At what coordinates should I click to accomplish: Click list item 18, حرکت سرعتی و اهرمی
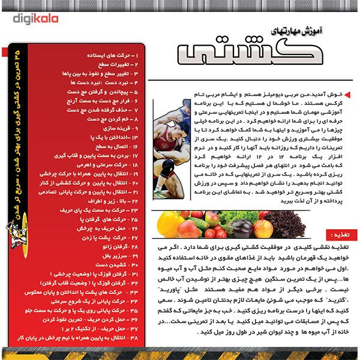pos(101,164)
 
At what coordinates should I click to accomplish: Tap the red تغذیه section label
pos(334,237)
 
